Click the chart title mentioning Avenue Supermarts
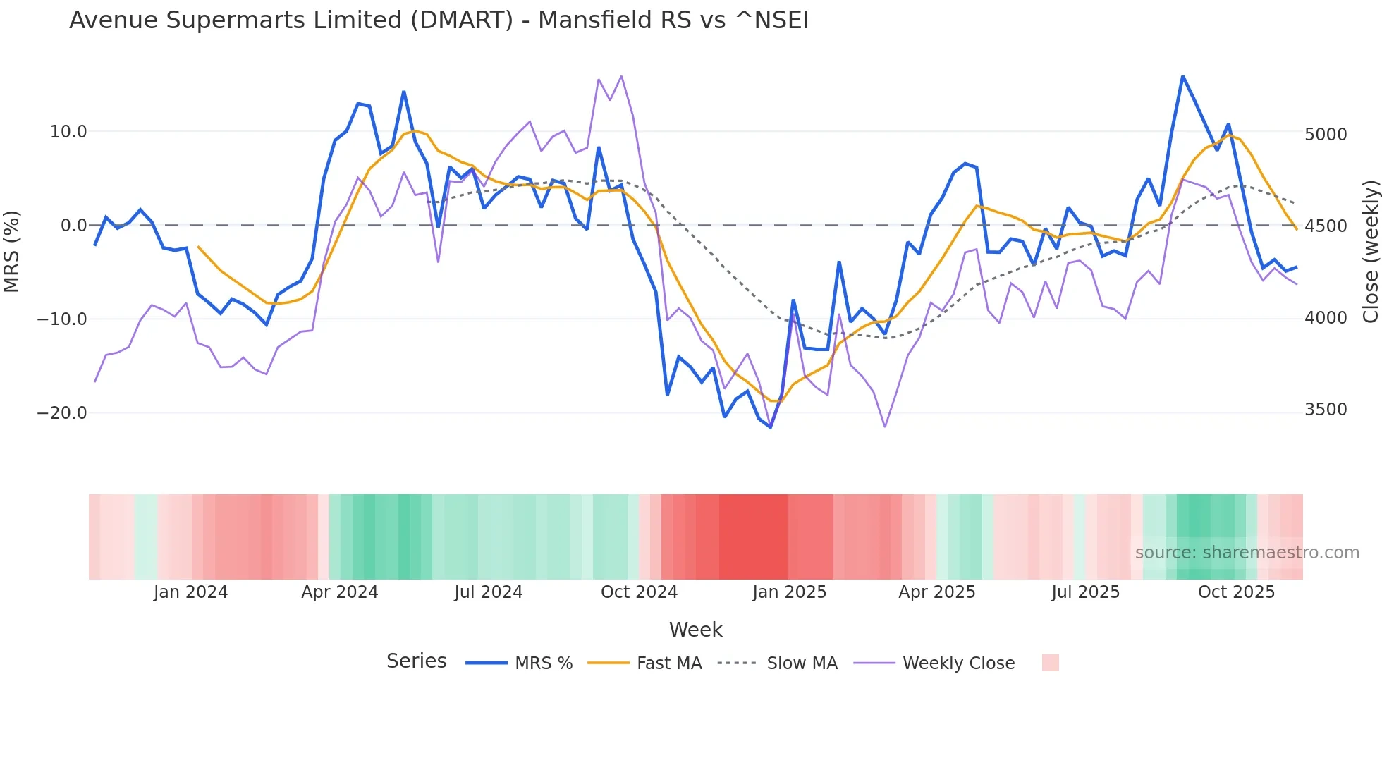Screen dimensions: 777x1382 coord(439,20)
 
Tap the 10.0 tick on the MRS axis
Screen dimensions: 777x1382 coord(68,132)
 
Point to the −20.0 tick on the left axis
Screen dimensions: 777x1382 coord(62,413)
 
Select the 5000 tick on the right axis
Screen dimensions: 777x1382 coord(1325,135)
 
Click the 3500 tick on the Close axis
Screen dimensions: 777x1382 coord(1325,410)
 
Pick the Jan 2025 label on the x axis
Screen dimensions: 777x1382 coord(789,592)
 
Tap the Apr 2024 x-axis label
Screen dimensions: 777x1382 coord(340,592)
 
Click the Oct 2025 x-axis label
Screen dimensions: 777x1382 coord(1236,592)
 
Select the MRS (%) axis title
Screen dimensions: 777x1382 coord(12,251)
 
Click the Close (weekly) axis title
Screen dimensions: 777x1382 coord(1370,251)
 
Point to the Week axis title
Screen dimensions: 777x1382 coord(695,630)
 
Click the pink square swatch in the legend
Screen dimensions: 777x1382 coord(1050,663)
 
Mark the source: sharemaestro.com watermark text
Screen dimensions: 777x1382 coord(1247,553)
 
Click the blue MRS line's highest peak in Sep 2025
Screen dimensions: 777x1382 coord(1182,76)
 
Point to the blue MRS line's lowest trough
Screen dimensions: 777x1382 coord(771,427)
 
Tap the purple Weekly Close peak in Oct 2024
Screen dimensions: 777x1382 coord(621,76)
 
